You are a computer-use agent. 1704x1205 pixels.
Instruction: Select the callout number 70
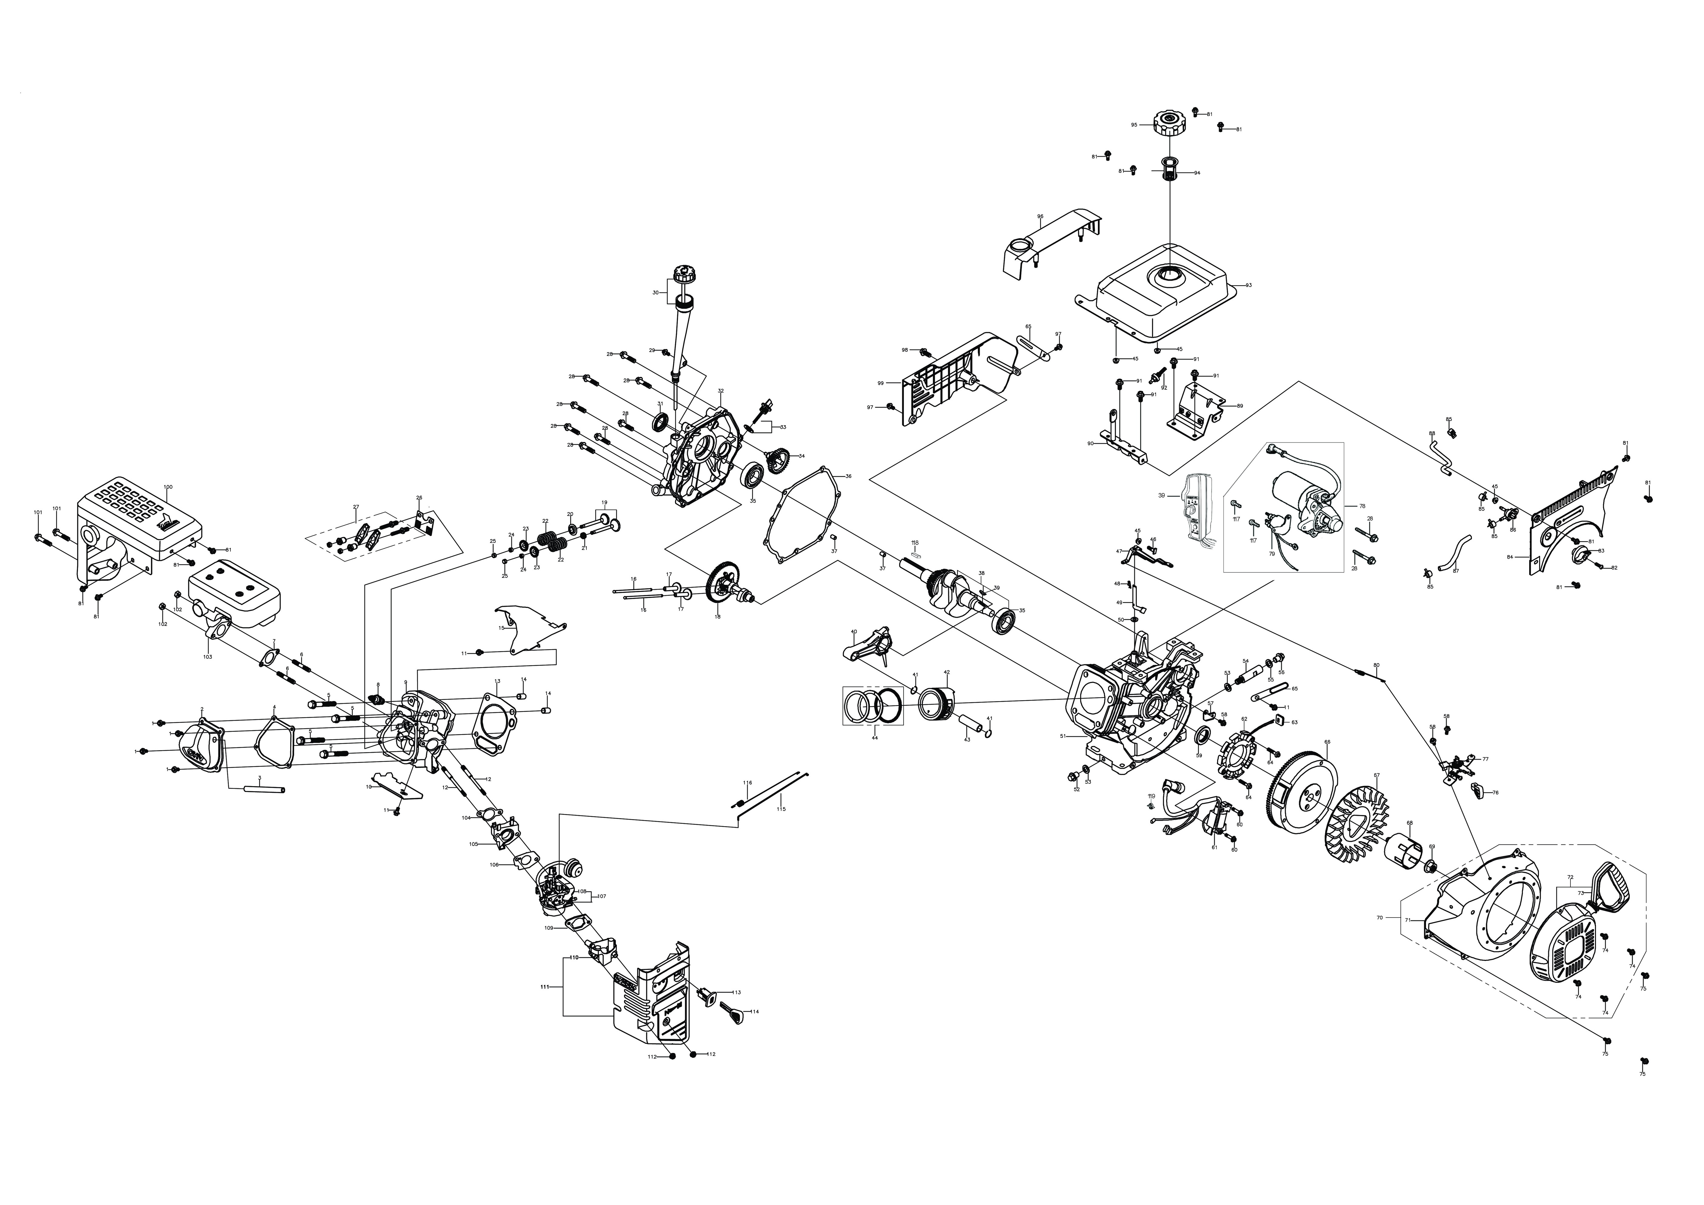tap(1380, 918)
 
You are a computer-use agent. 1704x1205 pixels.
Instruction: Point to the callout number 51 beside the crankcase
tap(1063, 737)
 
